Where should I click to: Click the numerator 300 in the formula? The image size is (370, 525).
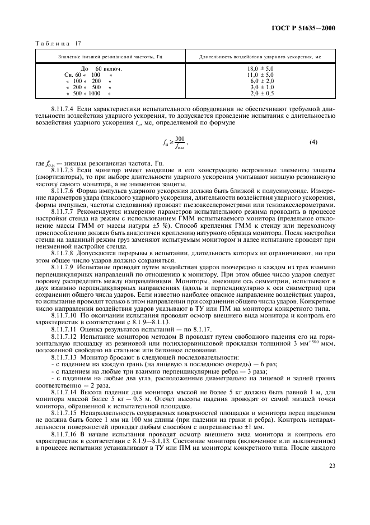tap(180, 138)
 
